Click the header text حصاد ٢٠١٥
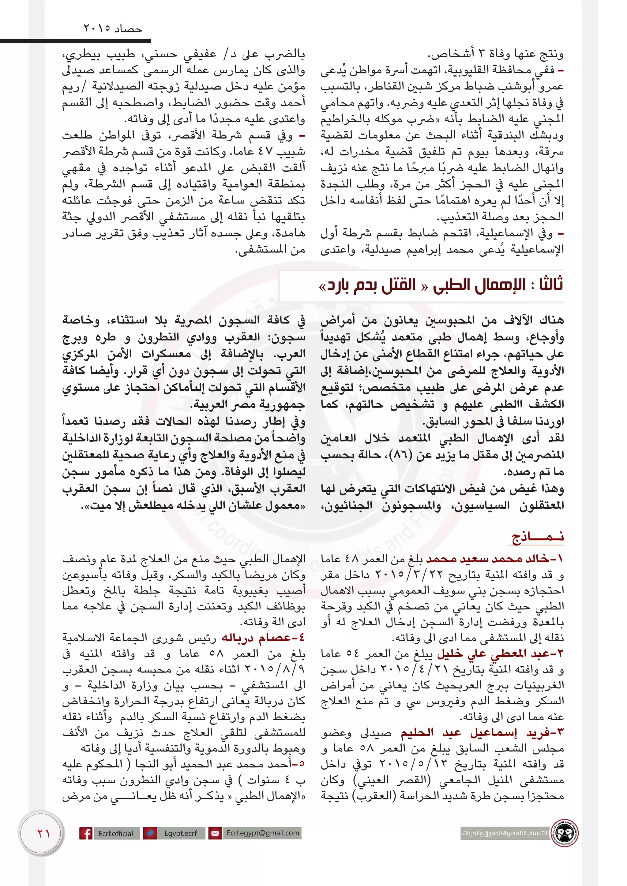(113, 28)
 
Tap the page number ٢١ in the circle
(43, 833)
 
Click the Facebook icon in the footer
(86, 833)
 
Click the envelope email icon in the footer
(214, 833)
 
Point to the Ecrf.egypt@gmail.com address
(263, 833)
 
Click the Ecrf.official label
(115, 833)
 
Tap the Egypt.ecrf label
(180, 833)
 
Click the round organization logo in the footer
(565, 833)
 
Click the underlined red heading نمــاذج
(538, 538)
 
